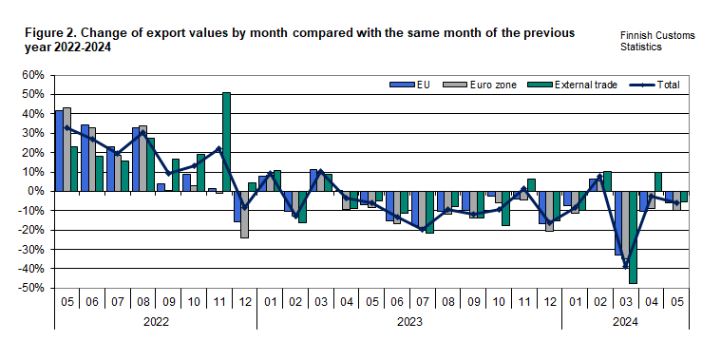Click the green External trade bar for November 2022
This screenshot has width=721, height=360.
point(226,142)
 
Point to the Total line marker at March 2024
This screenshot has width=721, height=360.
point(626,265)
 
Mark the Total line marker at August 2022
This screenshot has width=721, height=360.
point(142,133)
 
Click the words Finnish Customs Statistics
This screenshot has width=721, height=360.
point(656,40)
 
